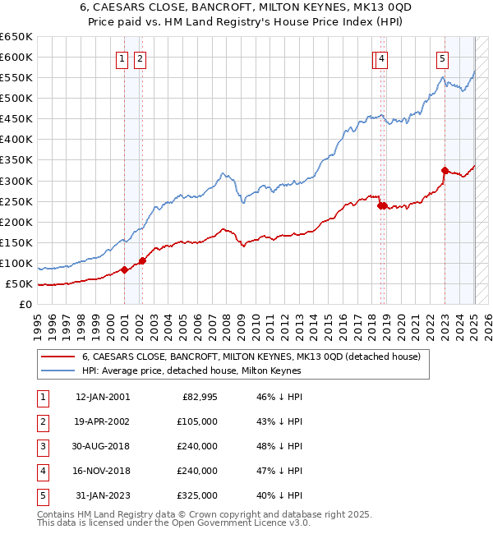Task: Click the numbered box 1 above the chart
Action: [122, 58]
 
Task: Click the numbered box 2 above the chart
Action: [141, 58]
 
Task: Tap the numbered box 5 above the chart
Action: [442, 58]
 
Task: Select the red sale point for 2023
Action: [445, 171]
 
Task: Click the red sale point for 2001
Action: [124, 269]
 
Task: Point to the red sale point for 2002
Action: [142, 260]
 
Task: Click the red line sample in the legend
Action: [58, 357]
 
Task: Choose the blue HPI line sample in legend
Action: [58, 371]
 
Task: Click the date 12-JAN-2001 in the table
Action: [103, 398]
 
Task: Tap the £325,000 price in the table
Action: [197, 495]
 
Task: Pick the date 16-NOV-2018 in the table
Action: [103, 471]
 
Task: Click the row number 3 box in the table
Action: [41, 447]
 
